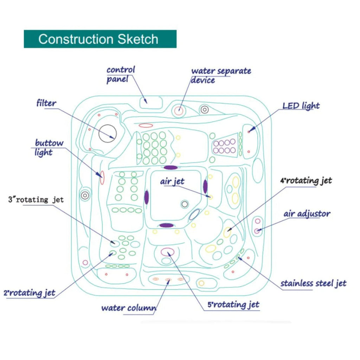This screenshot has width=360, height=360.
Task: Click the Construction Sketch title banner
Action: [100, 39]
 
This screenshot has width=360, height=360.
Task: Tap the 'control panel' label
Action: [121, 74]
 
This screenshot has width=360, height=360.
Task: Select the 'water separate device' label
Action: [221, 75]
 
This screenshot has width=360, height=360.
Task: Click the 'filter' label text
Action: [46, 103]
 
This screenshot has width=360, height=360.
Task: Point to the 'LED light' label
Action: [301, 105]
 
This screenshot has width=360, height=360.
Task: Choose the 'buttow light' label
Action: [49, 148]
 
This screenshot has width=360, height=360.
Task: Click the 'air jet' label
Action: [172, 181]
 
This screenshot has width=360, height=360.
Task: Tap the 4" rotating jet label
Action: [306, 181]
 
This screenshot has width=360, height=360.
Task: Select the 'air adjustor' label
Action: [307, 214]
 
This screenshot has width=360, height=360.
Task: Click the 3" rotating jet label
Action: [36, 200]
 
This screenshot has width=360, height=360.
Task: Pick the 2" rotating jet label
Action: [30, 293]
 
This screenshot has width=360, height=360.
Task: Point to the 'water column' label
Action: [129, 308]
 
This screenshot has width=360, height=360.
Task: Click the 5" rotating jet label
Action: [233, 304]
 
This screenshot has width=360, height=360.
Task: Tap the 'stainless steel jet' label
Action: [313, 283]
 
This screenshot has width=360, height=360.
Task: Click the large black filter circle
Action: [107, 133]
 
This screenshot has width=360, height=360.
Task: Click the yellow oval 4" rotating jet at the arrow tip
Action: [227, 232]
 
